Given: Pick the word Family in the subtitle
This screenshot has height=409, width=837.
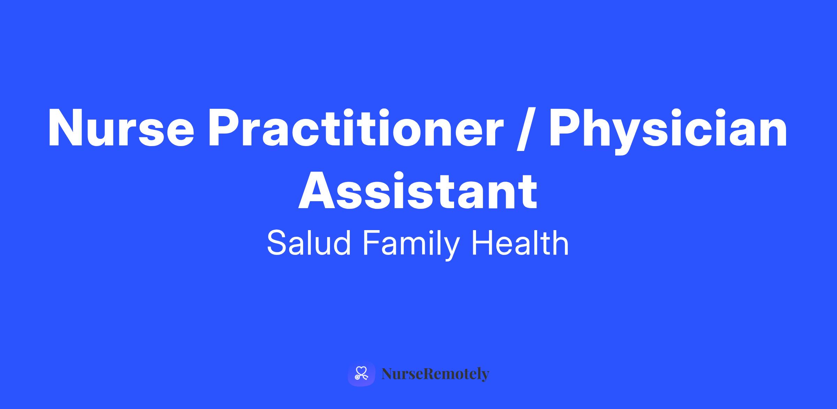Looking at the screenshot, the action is point(410,244).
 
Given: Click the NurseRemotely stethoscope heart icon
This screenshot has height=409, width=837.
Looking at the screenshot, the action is point(361,374).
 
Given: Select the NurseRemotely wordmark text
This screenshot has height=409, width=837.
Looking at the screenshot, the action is point(435,374).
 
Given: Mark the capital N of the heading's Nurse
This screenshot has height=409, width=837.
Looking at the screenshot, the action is point(66,128).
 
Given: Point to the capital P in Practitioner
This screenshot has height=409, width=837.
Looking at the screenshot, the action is point(225,128).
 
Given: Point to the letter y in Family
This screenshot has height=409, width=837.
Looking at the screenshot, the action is point(450,249).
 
